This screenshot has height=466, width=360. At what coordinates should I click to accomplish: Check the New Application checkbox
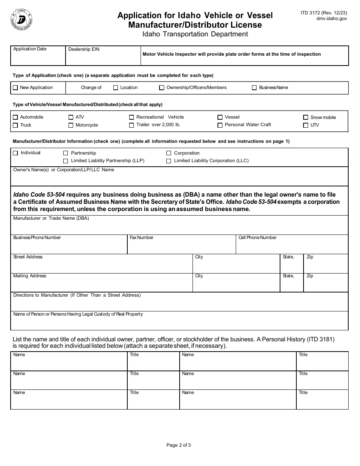[x=15, y=88]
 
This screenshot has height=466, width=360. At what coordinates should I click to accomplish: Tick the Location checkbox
[x=116, y=88]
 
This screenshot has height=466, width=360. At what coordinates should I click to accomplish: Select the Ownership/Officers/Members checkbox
[x=162, y=88]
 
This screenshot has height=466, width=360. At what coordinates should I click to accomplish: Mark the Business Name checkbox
[x=254, y=88]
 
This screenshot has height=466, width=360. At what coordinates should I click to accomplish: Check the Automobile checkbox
[x=15, y=117]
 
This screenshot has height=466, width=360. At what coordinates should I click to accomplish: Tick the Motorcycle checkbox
[x=71, y=125]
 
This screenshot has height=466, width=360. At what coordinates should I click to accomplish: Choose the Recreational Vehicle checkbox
[x=131, y=117]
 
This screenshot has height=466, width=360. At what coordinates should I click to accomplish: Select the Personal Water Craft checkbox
[x=220, y=125]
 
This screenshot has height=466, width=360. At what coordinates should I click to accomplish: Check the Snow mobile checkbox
[x=305, y=117]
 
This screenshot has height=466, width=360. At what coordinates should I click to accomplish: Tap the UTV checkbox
[x=305, y=125]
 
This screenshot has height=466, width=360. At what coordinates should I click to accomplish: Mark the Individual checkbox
[x=15, y=153]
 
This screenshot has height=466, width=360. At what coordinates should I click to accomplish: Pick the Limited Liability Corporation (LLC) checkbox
[x=169, y=161]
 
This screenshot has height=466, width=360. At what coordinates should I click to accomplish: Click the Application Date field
[x=38, y=58]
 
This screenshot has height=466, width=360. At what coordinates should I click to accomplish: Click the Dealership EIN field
[x=103, y=58]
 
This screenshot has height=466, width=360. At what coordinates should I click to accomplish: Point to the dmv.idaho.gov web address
[x=324, y=18]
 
